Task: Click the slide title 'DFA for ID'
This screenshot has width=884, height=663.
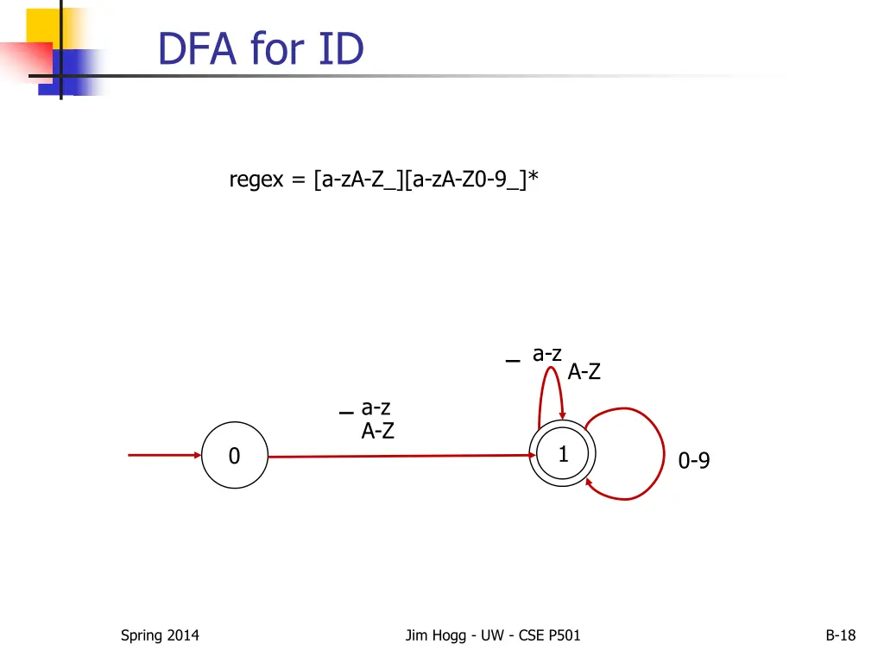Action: coord(261,49)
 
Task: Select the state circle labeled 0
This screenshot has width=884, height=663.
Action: coord(235,455)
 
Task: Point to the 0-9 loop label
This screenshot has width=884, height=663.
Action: coord(694,462)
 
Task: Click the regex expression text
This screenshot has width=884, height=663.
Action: coord(384,180)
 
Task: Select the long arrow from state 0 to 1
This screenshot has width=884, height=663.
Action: coord(397,456)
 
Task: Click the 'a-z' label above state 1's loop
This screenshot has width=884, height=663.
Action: coord(547,354)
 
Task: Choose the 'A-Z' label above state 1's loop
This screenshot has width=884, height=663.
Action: coord(584,373)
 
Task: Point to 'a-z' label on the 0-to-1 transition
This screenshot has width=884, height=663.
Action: coord(376,407)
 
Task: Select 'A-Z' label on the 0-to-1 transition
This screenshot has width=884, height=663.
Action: coord(377,431)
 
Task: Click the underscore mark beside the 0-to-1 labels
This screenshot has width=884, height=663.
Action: coord(346,413)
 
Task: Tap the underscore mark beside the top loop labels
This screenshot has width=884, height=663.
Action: coord(514,361)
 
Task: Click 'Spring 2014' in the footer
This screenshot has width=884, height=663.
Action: coord(160,636)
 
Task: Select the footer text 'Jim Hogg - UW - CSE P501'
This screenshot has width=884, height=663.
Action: coord(493,636)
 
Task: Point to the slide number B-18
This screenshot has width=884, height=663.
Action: coord(840,636)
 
